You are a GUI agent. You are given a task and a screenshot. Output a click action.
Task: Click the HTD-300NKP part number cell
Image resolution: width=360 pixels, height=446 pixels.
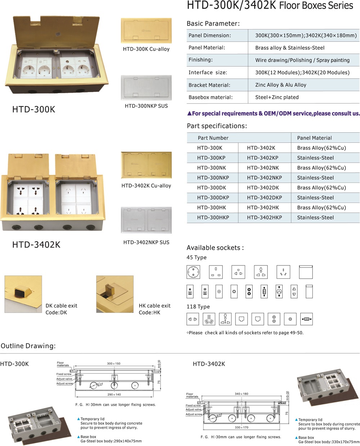213,178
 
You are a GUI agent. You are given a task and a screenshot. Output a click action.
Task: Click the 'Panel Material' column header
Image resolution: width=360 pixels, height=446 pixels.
314,138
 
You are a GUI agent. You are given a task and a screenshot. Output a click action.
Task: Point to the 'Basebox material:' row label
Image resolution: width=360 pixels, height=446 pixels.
211,97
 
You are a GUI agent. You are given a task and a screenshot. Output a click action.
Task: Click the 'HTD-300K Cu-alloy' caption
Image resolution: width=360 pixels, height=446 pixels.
146,49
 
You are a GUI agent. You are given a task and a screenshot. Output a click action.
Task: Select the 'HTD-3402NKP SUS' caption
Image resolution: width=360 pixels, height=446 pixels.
146,242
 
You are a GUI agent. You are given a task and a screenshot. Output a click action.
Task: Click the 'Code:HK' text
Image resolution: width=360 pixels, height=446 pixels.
149,313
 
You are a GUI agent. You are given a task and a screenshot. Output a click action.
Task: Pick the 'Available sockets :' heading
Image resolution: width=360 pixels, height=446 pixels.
215,248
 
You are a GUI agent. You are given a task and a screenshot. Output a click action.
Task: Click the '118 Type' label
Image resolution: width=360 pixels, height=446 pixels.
198,307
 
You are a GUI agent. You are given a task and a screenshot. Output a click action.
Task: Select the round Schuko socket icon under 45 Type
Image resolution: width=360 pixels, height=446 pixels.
193,272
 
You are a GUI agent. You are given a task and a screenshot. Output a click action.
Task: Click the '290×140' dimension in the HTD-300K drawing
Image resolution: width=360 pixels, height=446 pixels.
114,395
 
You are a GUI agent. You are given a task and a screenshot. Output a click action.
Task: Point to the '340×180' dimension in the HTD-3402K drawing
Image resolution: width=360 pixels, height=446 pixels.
241,394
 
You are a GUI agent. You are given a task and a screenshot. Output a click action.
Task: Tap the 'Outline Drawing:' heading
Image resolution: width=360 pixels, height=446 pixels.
28,346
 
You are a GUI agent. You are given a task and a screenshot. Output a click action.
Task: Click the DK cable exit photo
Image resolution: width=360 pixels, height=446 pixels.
23,294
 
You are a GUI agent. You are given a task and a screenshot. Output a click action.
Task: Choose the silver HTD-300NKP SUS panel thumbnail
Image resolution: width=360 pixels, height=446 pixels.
146,87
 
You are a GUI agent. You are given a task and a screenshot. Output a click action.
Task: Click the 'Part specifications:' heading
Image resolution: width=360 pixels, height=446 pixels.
217,126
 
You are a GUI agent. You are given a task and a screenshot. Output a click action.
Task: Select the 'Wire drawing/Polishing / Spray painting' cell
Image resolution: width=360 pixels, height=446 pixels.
302,60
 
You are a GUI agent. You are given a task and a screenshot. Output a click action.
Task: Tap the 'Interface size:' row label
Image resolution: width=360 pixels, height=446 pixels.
208,73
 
